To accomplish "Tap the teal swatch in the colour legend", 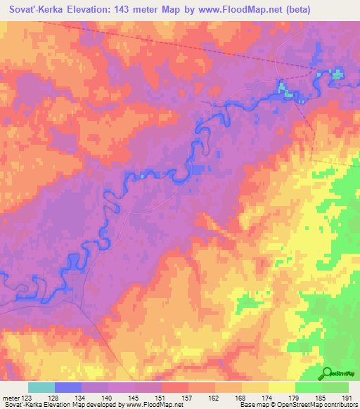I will coord(41,387).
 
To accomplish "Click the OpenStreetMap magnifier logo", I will coord(326,373).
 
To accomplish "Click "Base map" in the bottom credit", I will coord(254,405).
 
